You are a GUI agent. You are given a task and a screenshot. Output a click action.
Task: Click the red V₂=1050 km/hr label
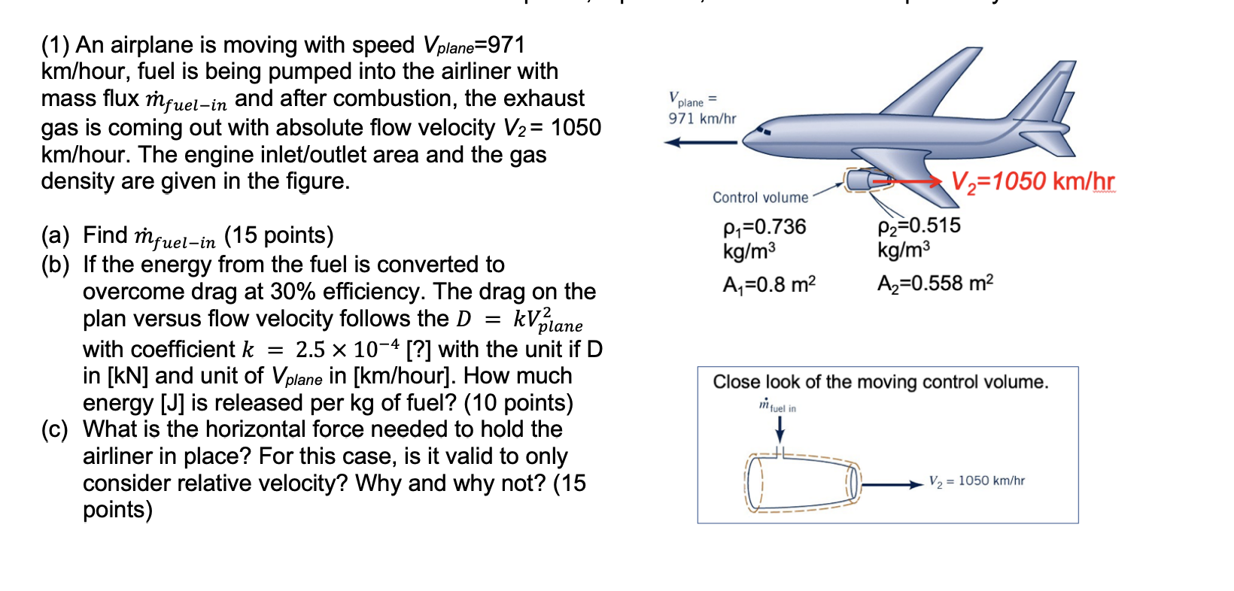[x=1032, y=181]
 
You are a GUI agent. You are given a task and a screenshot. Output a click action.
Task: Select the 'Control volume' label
[x=760, y=198]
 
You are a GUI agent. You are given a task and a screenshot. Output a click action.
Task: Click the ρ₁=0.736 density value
[x=764, y=227]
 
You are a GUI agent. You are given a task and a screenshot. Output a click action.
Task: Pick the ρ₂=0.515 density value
[x=919, y=226]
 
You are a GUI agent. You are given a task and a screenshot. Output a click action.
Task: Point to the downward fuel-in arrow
[x=780, y=428]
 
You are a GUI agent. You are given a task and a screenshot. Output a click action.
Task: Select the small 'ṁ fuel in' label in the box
[x=777, y=406]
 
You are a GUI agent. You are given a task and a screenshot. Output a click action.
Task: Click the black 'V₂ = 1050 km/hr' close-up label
[x=976, y=481]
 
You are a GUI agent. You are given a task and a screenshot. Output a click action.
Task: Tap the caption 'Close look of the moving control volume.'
[x=880, y=382]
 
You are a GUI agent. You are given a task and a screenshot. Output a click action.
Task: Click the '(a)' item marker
[x=55, y=236]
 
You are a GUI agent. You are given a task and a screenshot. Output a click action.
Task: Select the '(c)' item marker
[x=55, y=429]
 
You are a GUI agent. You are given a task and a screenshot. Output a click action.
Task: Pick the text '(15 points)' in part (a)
[x=278, y=236]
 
